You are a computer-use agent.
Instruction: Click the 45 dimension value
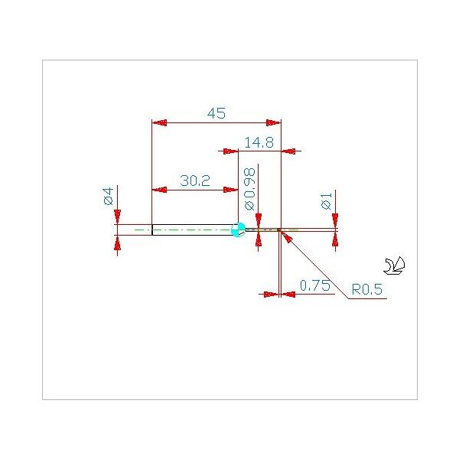point(216,113)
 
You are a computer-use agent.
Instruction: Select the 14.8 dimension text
point(259,143)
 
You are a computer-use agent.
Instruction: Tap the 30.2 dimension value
point(195,181)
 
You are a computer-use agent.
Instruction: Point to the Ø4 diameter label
point(109,196)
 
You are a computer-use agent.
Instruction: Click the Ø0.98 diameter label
point(249,189)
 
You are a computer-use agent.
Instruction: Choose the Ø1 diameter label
point(327,200)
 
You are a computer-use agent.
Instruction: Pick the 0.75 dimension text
point(315,285)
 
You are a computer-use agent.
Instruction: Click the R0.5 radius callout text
point(366,289)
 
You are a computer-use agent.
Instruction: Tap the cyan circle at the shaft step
point(238,229)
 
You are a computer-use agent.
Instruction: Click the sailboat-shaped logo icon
point(394,265)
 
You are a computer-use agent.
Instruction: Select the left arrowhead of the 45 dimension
point(160,122)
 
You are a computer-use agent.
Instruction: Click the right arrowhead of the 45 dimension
point(273,122)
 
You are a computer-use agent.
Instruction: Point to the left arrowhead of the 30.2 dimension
point(160,190)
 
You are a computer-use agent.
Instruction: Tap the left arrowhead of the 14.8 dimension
point(231,151)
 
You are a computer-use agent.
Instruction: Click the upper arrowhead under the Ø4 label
point(117,217)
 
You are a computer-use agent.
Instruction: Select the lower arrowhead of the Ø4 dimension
point(117,243)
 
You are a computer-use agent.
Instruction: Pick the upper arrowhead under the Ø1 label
point(336,221)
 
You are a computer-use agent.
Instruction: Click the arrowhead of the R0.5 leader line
point(287,237)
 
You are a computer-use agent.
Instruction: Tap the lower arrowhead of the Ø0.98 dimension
point(259,239)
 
